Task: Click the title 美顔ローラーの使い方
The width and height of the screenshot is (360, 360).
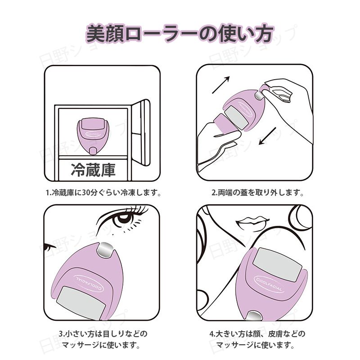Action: [180, 34]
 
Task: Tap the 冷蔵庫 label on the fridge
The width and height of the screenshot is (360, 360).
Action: [93, 170]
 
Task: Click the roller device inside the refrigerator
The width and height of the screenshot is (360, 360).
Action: [91, 136]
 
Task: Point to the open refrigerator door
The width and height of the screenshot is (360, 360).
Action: [141, 133]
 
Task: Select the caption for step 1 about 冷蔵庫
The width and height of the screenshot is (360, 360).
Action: [103, 193]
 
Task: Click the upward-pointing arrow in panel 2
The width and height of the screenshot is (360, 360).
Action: [221, 85]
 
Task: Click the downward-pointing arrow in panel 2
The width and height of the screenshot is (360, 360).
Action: [267, 136]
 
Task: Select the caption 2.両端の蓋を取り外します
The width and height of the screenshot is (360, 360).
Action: [257, 193]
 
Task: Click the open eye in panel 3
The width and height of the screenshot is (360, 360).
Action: [123, 218]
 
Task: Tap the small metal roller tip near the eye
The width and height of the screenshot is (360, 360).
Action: [105, 250]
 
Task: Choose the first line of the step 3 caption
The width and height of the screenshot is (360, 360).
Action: [103, 334]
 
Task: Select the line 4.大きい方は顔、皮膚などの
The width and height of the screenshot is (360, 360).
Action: [257, 334]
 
